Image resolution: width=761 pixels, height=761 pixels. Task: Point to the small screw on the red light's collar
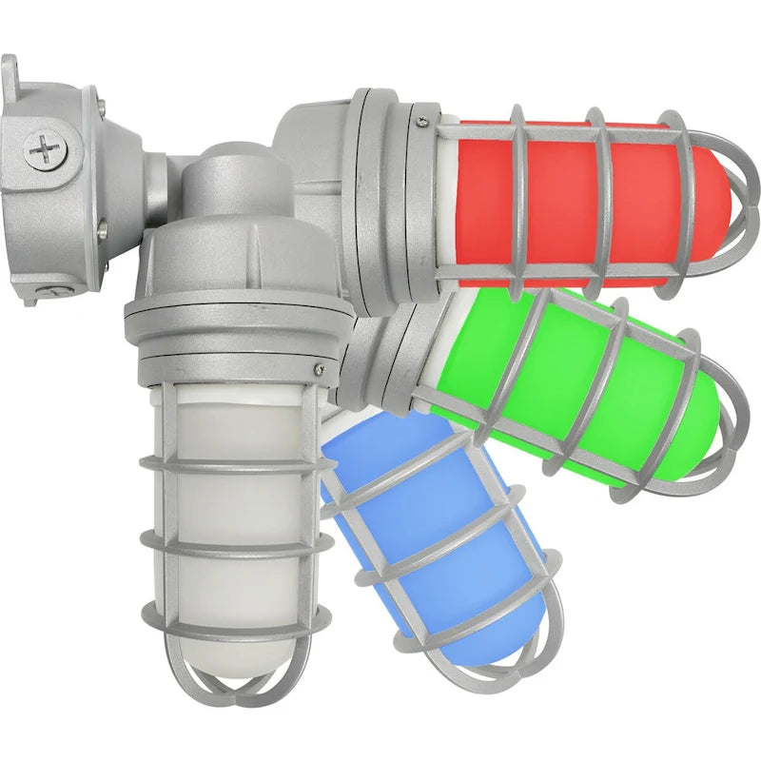point(420,121)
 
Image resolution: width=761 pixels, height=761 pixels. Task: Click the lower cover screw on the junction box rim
point(102,228)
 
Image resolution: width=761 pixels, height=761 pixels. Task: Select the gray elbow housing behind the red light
point(309,143)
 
